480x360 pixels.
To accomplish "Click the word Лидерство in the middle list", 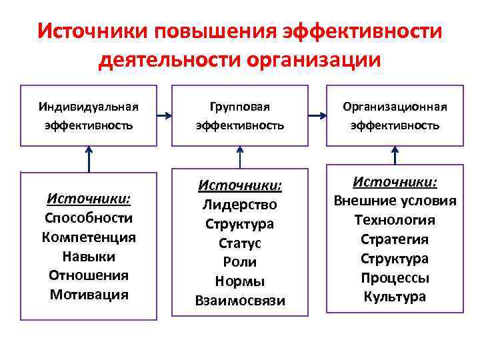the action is pos(240,205).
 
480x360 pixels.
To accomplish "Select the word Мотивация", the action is pos(89,295).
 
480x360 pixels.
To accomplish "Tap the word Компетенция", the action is pos(89,237).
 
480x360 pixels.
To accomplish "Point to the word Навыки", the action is pos(89,256).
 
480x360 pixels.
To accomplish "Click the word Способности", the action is pos(89,218).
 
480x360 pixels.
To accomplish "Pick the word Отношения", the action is pos(89,275).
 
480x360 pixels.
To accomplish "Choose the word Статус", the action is pos(240,243).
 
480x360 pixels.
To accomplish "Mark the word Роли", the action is pos(240,262).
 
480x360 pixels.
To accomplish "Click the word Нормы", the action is pos(240,281).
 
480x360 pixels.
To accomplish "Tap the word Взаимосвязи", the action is pos(240,301).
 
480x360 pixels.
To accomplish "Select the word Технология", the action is pos(395,220).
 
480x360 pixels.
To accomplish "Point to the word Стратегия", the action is pos(395,239).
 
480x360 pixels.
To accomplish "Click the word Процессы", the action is pos(395,278).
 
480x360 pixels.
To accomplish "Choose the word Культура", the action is pos(395,297).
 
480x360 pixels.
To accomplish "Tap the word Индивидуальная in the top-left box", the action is pos(88,107).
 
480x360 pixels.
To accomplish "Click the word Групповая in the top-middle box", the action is pos(240,107).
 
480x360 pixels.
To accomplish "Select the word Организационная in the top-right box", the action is pos(395,107).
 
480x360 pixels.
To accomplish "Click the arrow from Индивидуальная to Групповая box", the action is pos(164,115).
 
